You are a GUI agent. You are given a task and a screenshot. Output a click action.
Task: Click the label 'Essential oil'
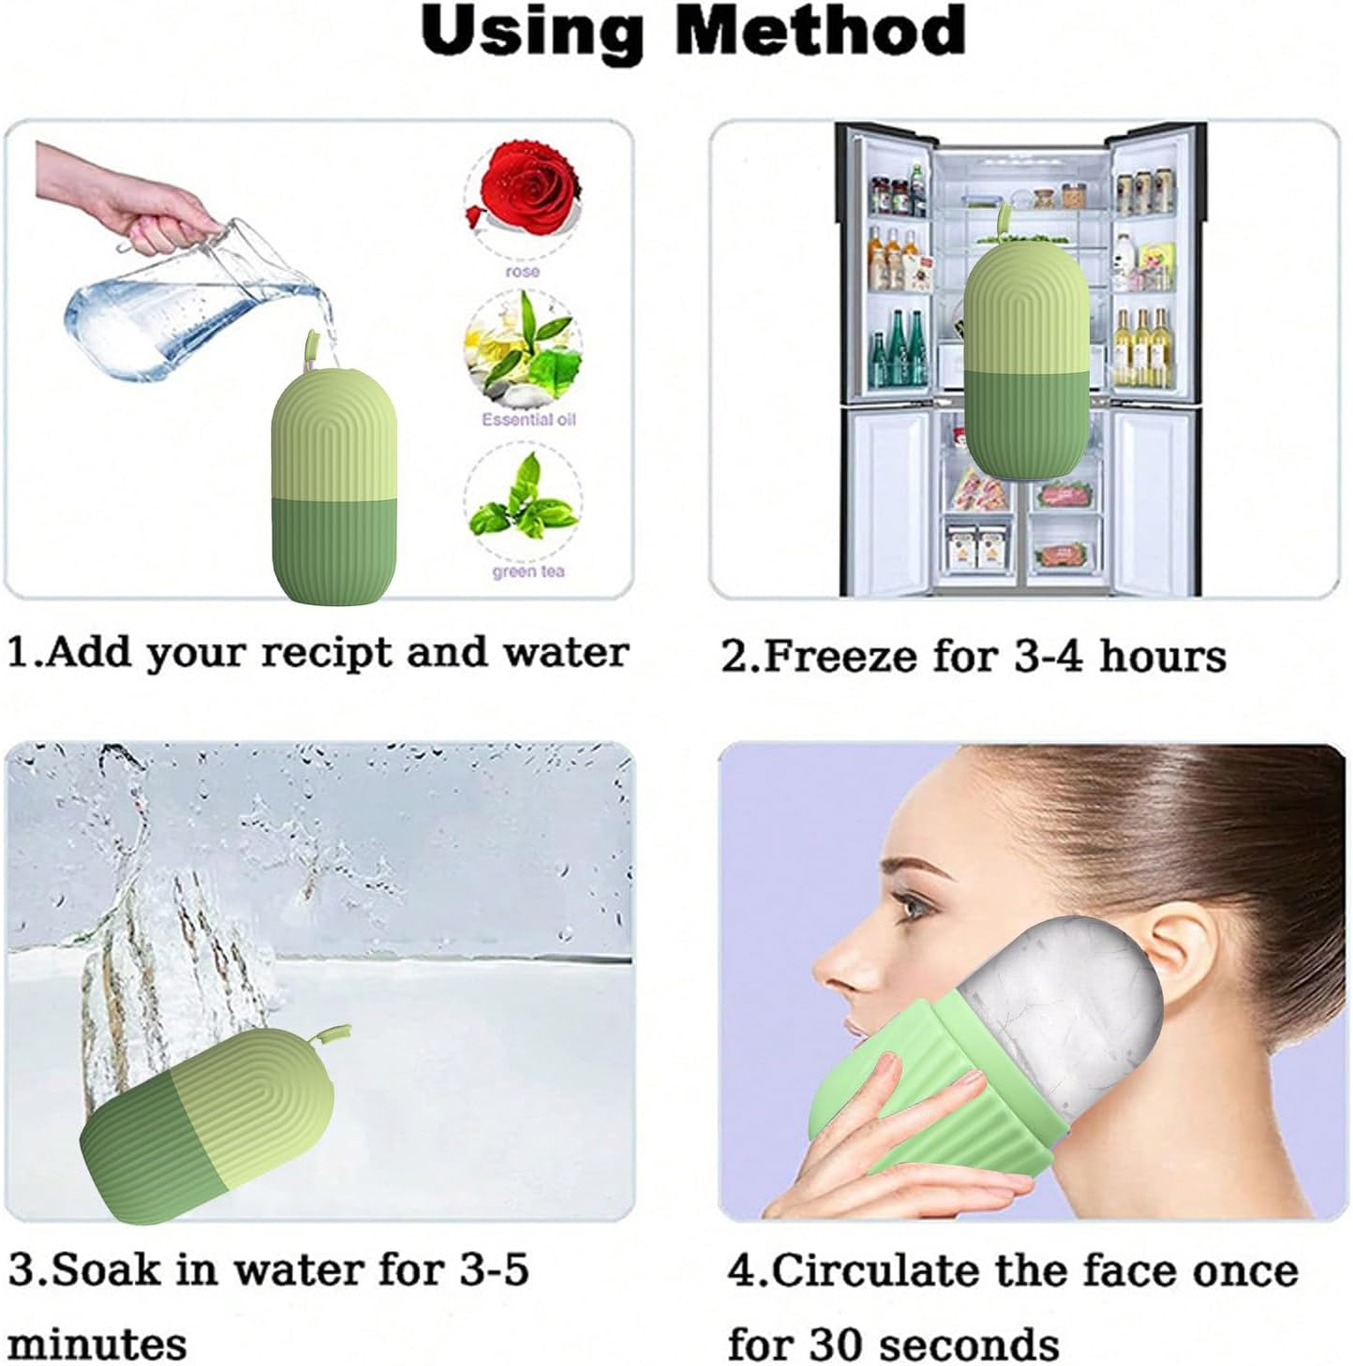[528, 419]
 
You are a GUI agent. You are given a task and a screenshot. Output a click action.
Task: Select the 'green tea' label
[528, 571]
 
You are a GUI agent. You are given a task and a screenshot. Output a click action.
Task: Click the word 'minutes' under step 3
[98, 1344]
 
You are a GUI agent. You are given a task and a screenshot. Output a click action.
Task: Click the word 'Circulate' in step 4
[873, 1271]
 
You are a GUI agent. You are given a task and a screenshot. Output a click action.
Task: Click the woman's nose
[829, 965]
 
